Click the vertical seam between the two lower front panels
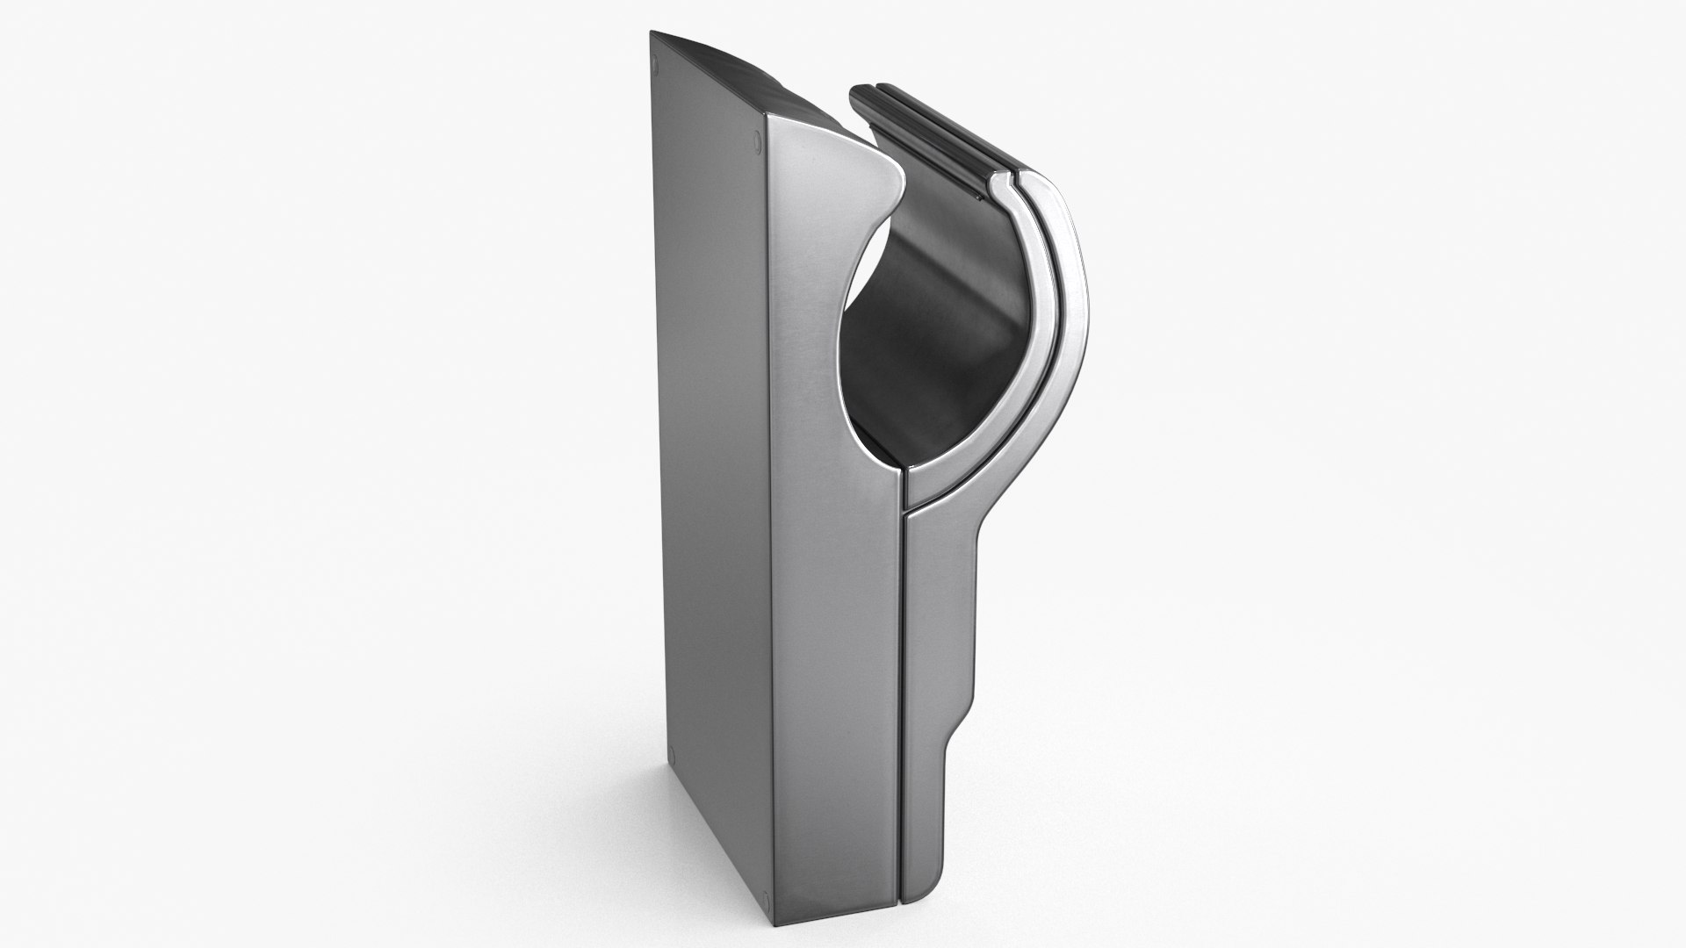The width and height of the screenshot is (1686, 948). click(x=902, y=702)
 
